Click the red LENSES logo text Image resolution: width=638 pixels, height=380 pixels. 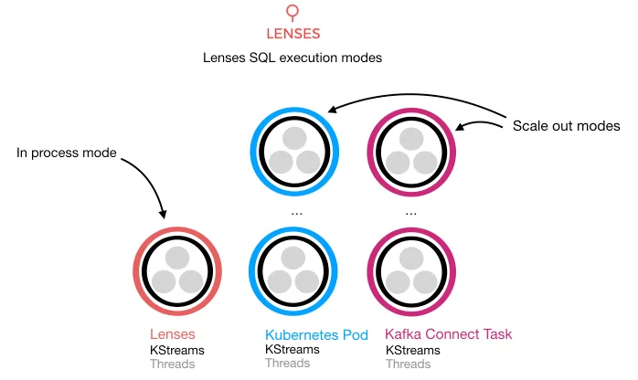(292, 36)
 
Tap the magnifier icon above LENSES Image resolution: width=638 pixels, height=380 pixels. (292, 12)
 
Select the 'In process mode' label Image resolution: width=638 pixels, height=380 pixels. (67, 153)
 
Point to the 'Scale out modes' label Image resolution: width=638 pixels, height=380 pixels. (566, 125)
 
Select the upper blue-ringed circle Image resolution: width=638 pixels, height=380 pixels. (294, 152)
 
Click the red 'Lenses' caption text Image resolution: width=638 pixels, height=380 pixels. (173, 334)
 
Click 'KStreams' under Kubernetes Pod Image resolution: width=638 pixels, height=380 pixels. (292, 350)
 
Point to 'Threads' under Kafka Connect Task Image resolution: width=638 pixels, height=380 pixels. (408, 364)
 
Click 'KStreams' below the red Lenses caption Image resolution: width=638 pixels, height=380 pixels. (177, 350)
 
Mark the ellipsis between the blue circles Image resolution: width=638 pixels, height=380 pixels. (294, 211)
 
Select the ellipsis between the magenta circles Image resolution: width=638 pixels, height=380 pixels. (411, 211)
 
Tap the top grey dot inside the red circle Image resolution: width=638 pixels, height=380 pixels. (177, 256)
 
